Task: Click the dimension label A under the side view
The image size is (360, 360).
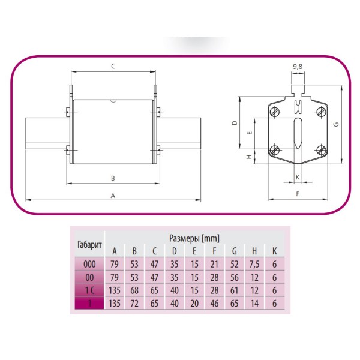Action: [112, 196]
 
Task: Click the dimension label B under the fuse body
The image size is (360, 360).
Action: [112, 178]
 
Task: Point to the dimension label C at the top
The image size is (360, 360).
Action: [113, 66]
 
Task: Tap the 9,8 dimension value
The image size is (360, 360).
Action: [297, 65]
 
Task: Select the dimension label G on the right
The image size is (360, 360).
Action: [337, 124]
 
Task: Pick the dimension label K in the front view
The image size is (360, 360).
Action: [297, 177]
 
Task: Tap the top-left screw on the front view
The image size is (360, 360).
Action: [275, 112]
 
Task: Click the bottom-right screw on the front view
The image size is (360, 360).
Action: [320, 150]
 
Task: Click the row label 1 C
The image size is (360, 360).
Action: [90, 291]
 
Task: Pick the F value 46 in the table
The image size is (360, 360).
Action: [214, 304]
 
